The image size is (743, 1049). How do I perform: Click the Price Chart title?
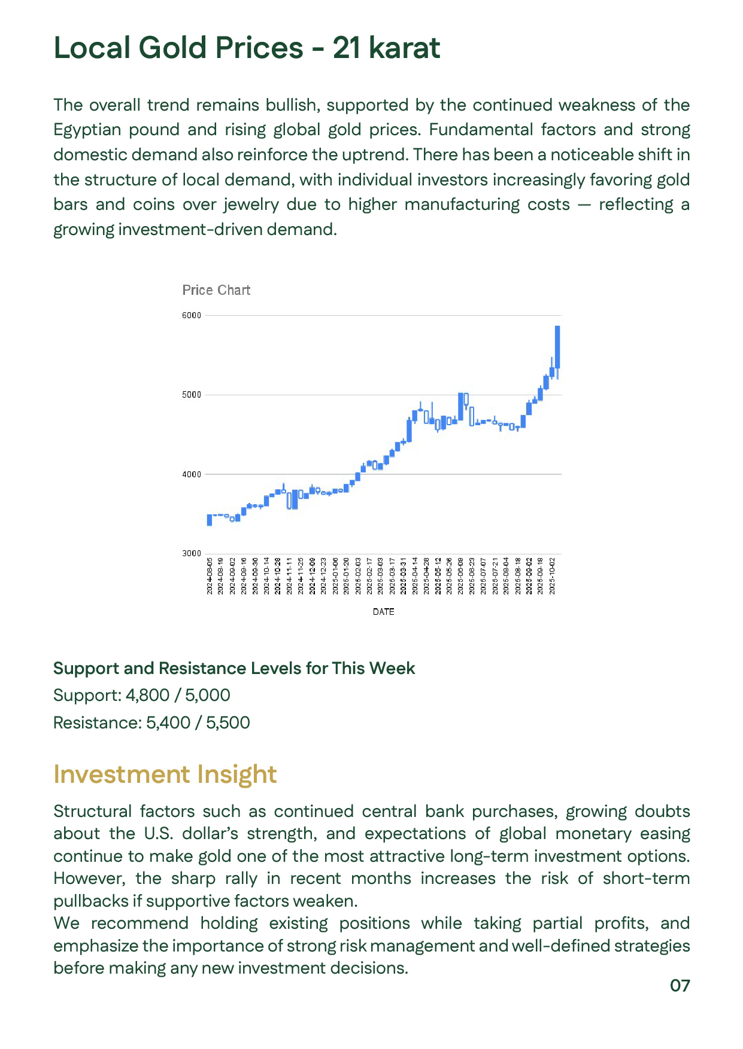point(216,290)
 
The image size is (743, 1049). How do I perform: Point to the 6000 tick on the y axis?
point(192,315)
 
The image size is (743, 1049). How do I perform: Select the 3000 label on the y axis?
point(192,553)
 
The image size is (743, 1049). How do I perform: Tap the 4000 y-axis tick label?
point(192,474)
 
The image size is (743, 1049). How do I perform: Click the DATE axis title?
point(383,611)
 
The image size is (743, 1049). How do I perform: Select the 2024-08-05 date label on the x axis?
point(210,575)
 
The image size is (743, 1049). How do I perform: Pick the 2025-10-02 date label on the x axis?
point(552,575)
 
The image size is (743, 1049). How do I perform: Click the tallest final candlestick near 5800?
point(557,347)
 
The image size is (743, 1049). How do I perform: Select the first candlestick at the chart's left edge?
point(210,520)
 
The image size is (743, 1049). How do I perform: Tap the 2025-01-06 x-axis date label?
point(335,575)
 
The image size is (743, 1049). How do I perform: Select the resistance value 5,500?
point(228,722)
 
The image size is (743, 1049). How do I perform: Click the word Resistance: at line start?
point(97,722)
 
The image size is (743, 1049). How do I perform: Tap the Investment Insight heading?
point(165,774)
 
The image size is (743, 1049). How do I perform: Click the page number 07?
point(680,986)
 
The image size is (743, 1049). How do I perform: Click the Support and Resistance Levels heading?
point(233,668)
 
